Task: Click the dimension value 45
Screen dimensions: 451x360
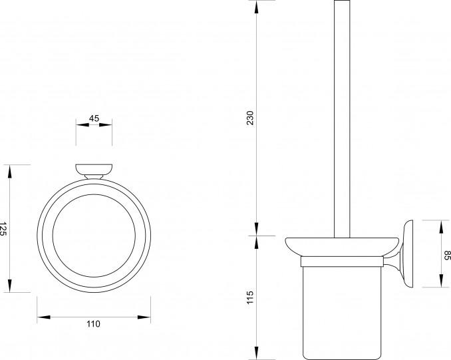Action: [94, 118]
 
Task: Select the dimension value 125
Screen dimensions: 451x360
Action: [3, 229]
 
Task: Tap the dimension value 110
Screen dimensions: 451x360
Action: [94, 324]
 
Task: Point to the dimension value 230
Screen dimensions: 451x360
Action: [251, 118]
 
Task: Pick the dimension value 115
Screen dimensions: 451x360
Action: [250, 297]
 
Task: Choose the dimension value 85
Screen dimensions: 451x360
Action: [447, 256]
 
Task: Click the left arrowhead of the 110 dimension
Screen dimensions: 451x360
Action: [44, 317]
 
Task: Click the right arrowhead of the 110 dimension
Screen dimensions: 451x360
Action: [144, 317]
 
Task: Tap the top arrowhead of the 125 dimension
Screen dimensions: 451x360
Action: [10, 172]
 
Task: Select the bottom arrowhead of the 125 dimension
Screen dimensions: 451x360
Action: [10, 285]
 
